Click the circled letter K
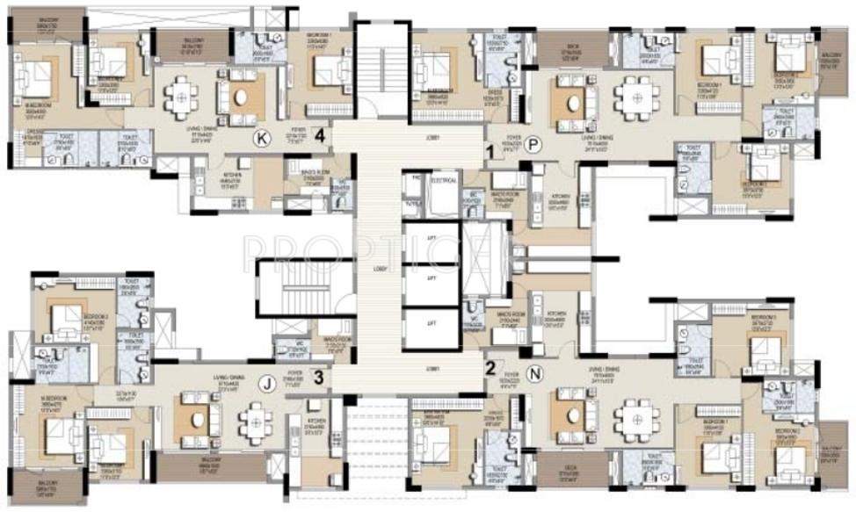tap(260, 137)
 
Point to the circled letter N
tap(537, 372)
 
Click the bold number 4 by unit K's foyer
tap(321, 136)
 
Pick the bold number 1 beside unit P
tap(490, 150)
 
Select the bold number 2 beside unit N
tap(490, 369)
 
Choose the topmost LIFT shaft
tap(431, 240)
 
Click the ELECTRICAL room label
tap(444, 180)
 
